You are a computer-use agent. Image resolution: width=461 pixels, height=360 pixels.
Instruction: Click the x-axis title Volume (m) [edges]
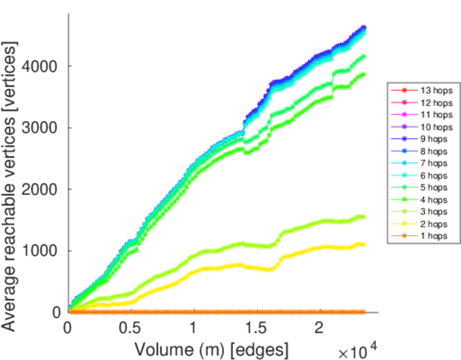(x=211, y=349)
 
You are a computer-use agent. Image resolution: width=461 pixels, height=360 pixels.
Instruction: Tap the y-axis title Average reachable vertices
(x=11, y=186)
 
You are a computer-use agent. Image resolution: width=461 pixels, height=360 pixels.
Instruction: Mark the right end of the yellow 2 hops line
(x=364, y=244)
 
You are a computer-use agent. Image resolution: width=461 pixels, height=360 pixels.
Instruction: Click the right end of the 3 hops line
(x=364, y=217)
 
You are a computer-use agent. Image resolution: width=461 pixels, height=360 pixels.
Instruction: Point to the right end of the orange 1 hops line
(x=364, y=312)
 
